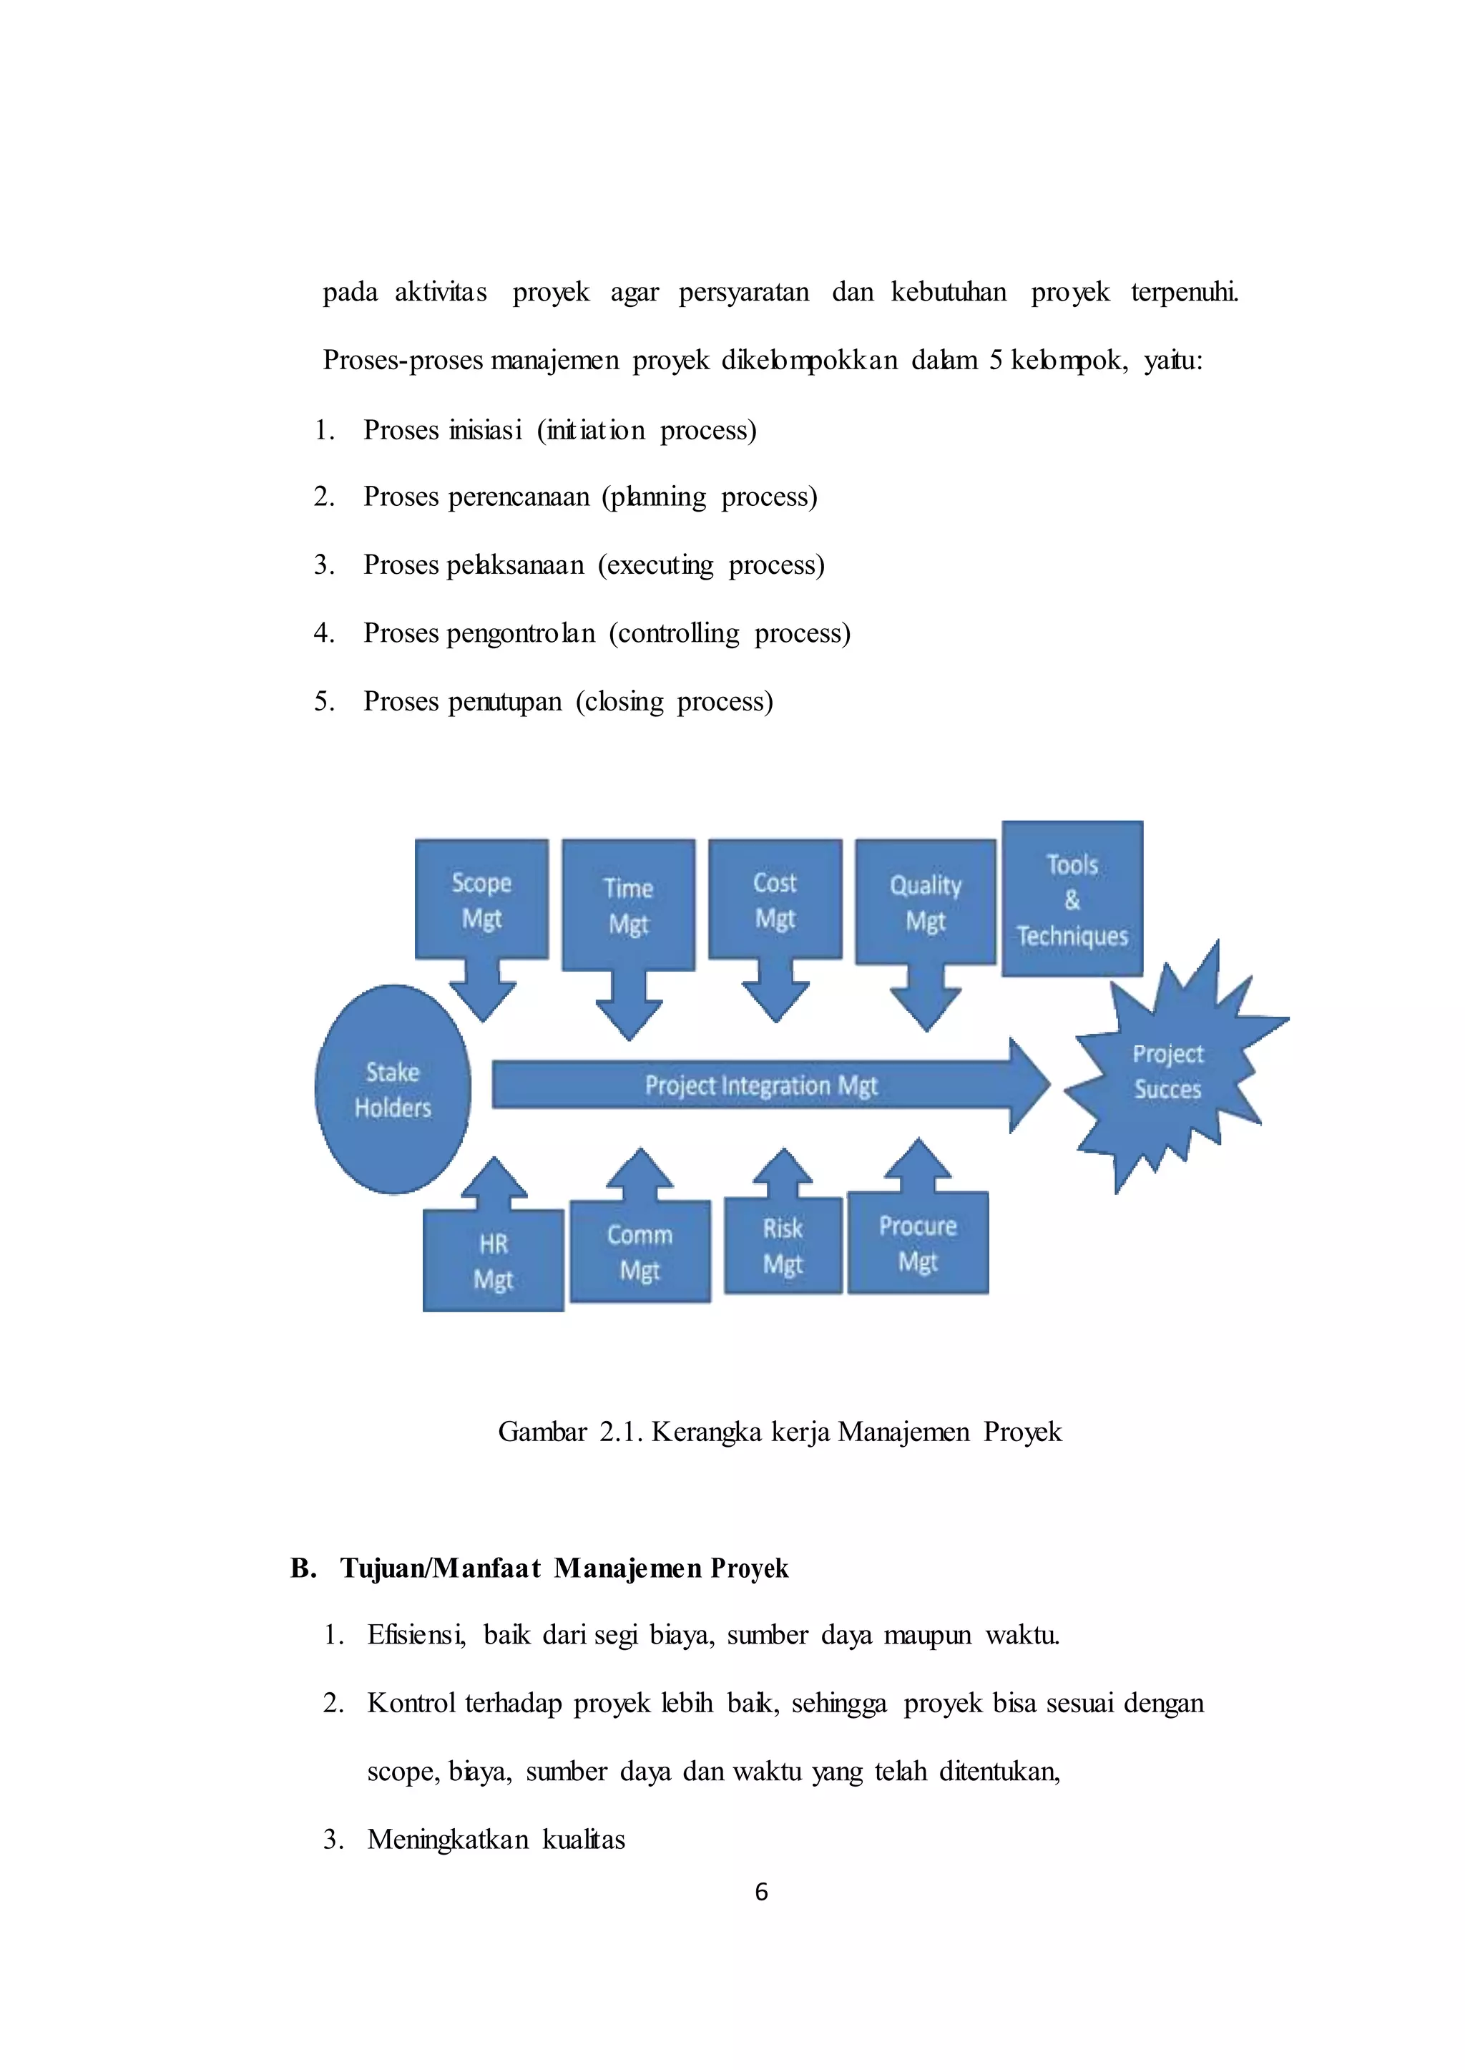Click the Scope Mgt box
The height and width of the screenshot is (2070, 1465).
click(481, 899)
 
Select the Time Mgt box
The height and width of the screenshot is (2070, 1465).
click(628, 905)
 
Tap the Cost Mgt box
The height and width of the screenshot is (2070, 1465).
click(775, 899)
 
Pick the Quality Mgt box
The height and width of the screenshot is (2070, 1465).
click(926, 902)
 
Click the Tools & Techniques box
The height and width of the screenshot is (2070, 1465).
click(1072, 899)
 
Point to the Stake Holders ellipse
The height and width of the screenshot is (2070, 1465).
click(393, 1089)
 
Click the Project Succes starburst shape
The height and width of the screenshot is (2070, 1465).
click(1167, 1071)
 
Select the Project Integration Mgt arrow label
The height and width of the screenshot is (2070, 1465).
click(760, 1085)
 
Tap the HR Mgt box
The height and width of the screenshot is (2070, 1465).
click(493, 1261)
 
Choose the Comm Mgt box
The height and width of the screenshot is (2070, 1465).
click(640, 1251)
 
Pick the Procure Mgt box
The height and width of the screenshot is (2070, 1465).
click(918, 1243)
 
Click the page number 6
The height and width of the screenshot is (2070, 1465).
click(761, 1891)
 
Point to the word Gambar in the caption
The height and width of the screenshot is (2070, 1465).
click(542, 1432)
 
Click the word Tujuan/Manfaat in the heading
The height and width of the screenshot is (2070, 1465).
click(441, 1568)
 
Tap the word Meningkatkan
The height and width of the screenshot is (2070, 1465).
click(446, 1839)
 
